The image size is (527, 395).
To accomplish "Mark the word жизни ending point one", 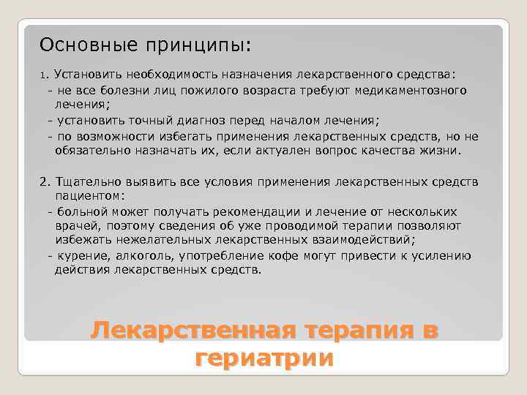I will pos(444,151).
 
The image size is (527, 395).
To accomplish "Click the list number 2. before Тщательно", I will pos(45,181).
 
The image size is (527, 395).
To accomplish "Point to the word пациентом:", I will pos(89,197).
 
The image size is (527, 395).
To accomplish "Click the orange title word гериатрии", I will pos(264,358).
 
